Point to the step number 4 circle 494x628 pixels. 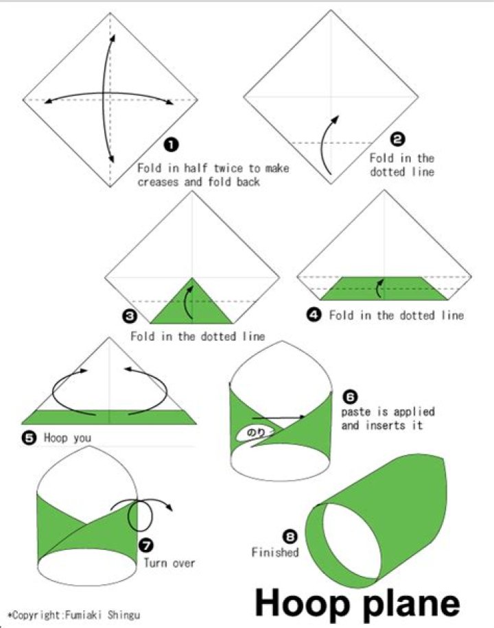pyautogui.click(x=314, y=315)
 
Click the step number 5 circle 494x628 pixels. pyautogui.click(x=29, y=437)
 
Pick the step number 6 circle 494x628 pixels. pyautogui.click(x=349, y=397)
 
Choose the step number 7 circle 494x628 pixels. pyautogui.click(x=146, y=544)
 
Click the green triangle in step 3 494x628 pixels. pyautogui.click(x=192, y=306)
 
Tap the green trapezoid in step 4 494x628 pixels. pyautogui.click(x=384, y=289)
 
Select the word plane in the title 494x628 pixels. pyautogui.click(x=404, y=604)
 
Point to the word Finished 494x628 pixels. pyautogui.click(x=274, y=552)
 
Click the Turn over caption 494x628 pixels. pyautogui.click(x=169, y=563)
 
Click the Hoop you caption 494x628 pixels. pyautogui.click(x=67, y=437)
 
